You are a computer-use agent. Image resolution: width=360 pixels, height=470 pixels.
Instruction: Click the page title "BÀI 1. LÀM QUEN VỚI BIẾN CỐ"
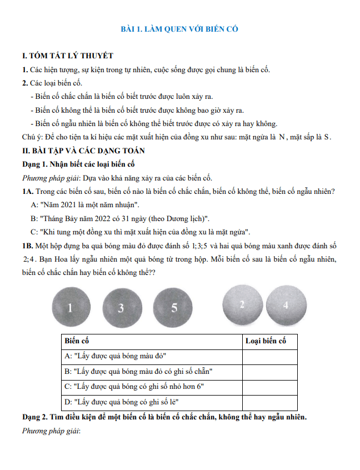coord(180,29)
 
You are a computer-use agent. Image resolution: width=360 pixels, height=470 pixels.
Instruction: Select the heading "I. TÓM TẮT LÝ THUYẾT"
coord(67,56)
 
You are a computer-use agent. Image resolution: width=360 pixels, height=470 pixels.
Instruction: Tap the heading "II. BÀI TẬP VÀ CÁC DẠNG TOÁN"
coord(82,151)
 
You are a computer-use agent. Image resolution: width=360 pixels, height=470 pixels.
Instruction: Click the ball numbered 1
coord(70,307)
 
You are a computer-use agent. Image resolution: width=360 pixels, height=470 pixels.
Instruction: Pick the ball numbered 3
coord(121,308)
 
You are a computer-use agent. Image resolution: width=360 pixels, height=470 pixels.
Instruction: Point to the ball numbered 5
coord(173,307)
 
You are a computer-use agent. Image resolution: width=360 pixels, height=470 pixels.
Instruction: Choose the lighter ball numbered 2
coord(242,304)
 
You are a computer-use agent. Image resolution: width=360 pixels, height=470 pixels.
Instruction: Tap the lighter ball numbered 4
coord(286,304)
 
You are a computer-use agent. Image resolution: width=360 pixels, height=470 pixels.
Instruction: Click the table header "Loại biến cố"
coord(266,341)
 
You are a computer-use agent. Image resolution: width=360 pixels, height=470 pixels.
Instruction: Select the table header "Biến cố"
coord(77,341)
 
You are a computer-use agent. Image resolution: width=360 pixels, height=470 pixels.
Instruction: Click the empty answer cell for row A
coord(269,356)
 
